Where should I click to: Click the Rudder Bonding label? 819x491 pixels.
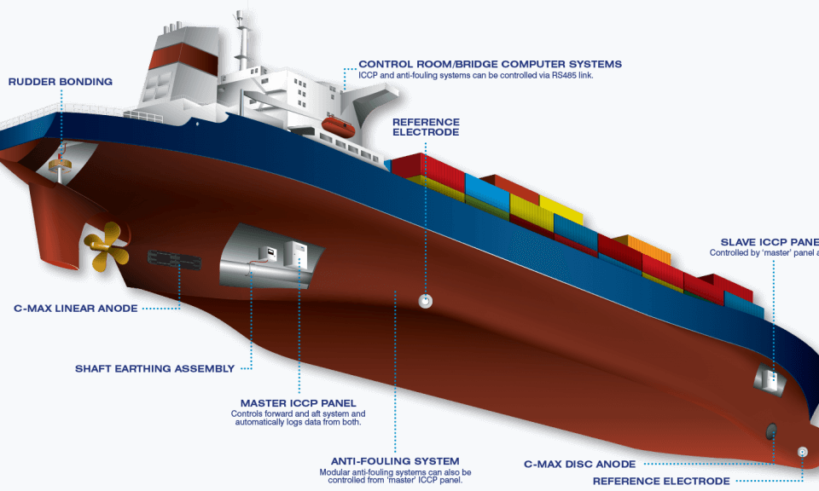pos(60,82)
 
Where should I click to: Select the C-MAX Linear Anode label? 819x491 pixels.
pos(76,308)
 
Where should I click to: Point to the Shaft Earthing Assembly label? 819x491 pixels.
pos(154,369)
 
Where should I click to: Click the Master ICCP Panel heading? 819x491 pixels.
pos(298,403)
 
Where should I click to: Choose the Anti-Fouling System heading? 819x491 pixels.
pos(395,461)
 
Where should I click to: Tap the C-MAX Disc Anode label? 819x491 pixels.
pos(579,464)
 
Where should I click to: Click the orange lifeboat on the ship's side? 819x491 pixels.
pos(339,129)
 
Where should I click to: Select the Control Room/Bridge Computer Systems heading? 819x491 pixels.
pos(490,64)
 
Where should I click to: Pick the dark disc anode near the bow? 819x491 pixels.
pos(771,431)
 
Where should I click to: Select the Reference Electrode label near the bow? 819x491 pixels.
pos(661,481)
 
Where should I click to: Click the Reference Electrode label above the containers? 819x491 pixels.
pos(426,127)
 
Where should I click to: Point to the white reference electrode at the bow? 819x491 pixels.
pos(802,452)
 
